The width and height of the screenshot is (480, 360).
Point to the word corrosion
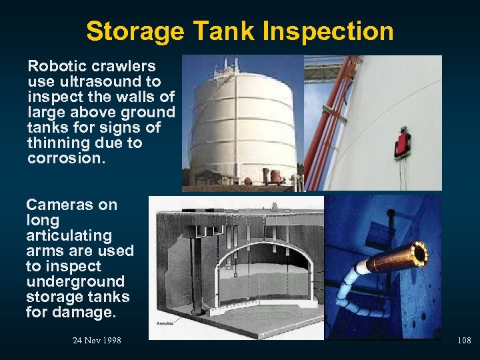[65, 158]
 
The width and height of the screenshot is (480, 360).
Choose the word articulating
[69, 235]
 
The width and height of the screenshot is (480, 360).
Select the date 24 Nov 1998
[97, 341]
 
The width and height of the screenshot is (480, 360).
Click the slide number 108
[464, 341]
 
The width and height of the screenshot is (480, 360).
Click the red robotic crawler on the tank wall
[402, 142]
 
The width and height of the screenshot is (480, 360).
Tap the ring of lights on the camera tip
[419, 254]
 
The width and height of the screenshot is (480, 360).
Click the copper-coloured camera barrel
[390, 260]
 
